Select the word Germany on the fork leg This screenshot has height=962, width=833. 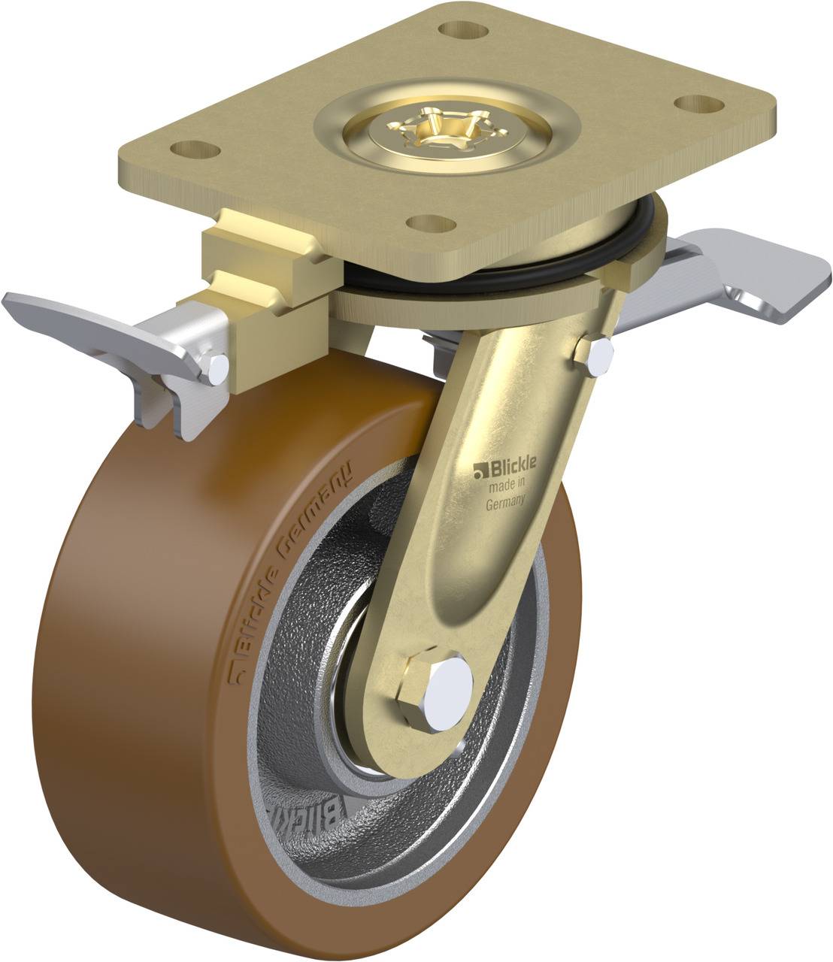point(504,504)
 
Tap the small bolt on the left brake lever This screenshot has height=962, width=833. point(214,368)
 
